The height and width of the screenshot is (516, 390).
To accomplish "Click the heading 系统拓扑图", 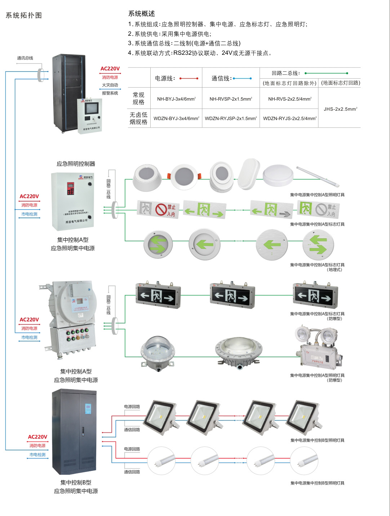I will click(x=24, y=16).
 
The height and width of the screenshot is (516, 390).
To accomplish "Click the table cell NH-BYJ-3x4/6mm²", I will click(x=176, y=99).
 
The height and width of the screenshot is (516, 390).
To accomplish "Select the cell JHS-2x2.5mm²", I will click(x=340, y=109).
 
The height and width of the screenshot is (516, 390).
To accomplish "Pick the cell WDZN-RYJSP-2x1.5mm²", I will click(x=231, y=118).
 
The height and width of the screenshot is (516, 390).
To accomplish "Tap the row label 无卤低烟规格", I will click(x=138, y=118).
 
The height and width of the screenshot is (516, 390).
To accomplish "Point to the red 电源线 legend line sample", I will click(x=189, y=78).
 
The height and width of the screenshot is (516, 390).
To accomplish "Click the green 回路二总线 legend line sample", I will click(x=326, y=73).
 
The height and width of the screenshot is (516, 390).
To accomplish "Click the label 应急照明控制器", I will click(x=76, y=164).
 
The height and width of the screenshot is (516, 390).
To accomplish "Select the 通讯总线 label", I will click(x=25, y=58).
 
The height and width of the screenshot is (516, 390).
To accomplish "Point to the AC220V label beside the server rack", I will click(x=110, y=69).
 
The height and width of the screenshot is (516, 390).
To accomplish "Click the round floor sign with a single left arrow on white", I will click(x=204, y=244).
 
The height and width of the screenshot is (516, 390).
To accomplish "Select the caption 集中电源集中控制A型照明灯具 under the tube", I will click(x=317, y=195).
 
